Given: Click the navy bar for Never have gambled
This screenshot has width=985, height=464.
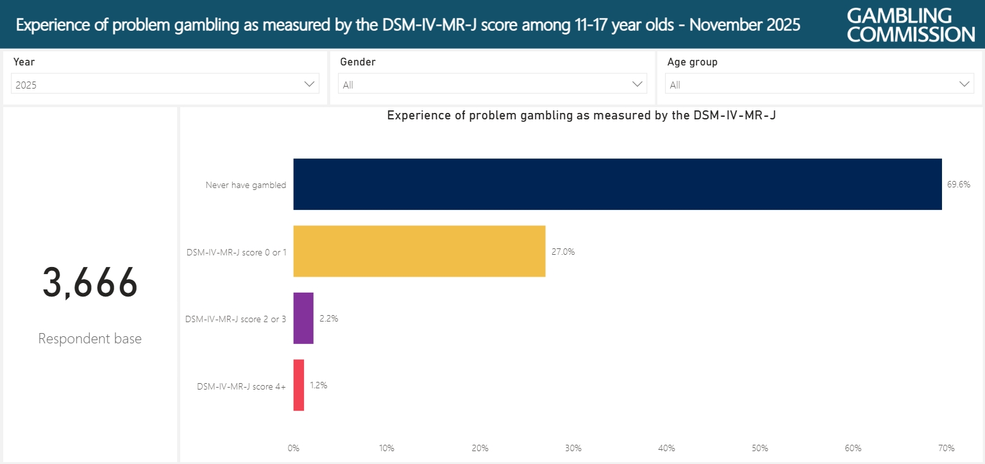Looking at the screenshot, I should pos(617,184).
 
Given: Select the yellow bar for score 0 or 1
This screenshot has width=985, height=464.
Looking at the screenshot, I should pos(419,251).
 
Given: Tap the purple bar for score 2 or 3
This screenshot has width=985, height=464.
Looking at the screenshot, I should pos(303,318).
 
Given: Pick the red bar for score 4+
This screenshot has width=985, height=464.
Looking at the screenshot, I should pos(299,385).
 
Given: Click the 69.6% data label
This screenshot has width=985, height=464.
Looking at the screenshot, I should pos(959,184).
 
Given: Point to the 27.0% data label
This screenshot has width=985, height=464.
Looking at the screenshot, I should pos(563,252).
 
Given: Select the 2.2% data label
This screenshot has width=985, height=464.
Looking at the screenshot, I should pos(328,318).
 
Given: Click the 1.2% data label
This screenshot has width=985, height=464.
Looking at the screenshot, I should pos(319,386).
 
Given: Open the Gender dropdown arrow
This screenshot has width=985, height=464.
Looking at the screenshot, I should pos(637,84).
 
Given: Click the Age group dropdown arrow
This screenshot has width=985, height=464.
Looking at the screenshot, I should pos(964,84).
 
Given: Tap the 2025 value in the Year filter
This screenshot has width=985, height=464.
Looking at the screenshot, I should pos(26,85).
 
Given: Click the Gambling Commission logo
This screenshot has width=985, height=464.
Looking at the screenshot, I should pos(911,24).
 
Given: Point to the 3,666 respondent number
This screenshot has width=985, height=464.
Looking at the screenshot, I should pos(90,283).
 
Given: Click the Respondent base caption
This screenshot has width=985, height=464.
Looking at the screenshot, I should pos(90,339).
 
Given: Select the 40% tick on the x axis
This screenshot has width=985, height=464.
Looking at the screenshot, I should pos(666,448).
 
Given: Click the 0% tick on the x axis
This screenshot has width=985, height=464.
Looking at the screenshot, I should pos(294,448).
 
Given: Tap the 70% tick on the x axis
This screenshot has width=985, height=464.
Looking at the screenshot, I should pos(947,448).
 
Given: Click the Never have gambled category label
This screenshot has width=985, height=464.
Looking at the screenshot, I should pos(246,185).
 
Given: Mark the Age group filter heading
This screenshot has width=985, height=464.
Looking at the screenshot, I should pos(692,62).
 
